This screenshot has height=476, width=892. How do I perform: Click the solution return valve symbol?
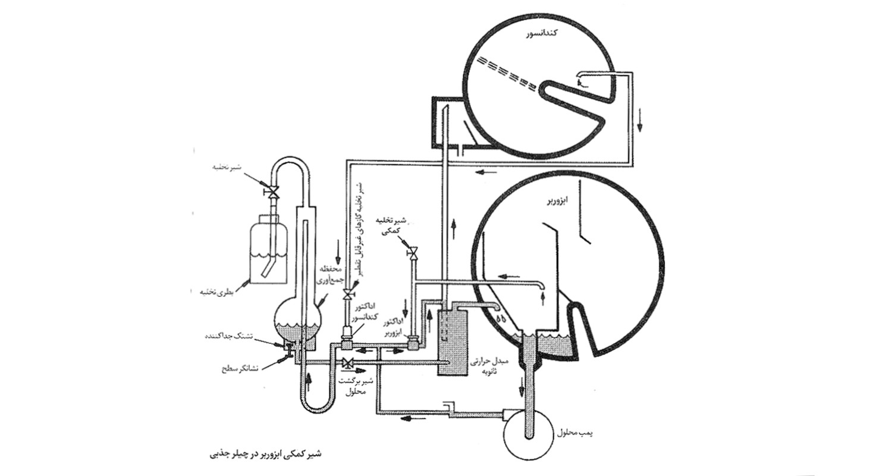(347, 363)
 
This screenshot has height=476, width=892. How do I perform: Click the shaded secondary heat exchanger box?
(451, 342)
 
